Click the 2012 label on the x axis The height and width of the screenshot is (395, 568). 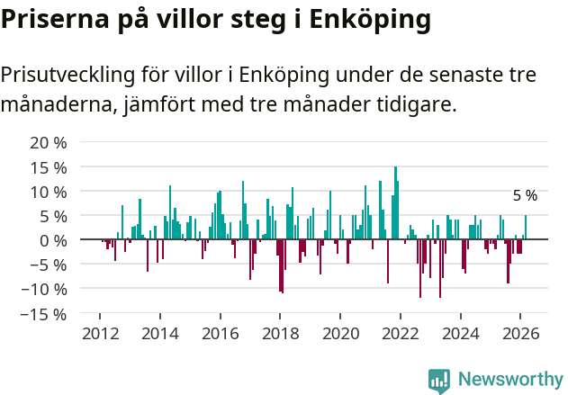pos(100,333)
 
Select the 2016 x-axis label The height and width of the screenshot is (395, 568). pos(220,333)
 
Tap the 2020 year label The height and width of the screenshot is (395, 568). pos(340,333)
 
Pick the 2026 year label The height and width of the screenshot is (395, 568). pos(520,333)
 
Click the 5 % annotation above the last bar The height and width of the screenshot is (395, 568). pos(525,195)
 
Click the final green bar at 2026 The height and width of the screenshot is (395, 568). pos(526,227)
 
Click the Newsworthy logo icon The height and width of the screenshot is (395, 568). pos(439,381)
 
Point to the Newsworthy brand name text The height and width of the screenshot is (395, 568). pos(509,380)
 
